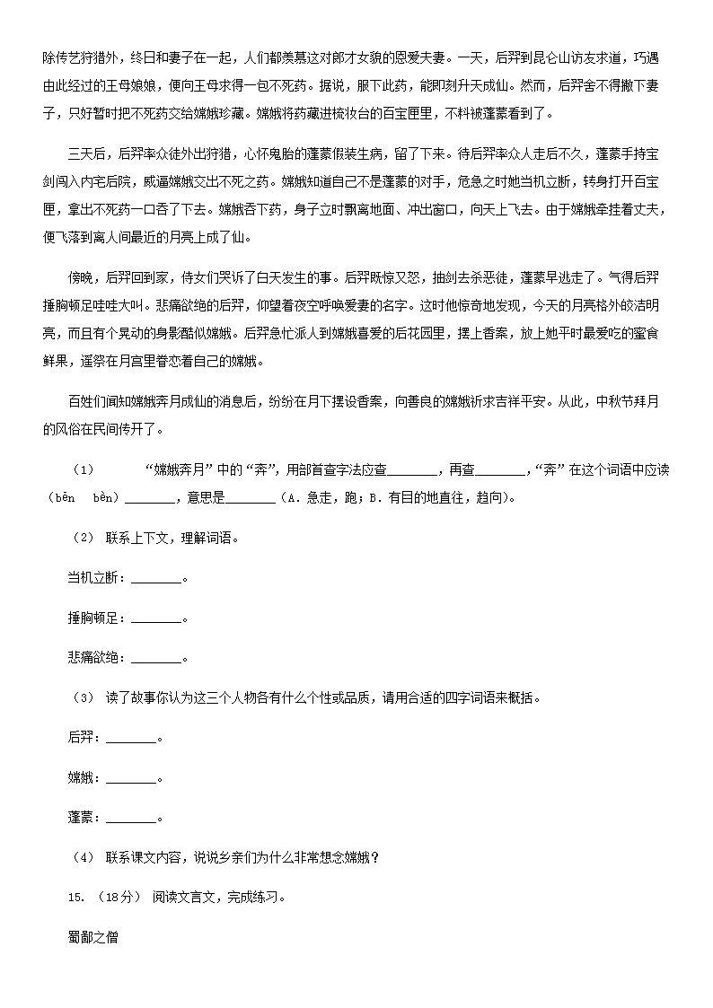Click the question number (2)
coord(83,538)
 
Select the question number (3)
coord(83,697)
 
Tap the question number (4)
coord(83,857)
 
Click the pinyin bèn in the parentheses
coord(103,498)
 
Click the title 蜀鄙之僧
coord(92,938)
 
